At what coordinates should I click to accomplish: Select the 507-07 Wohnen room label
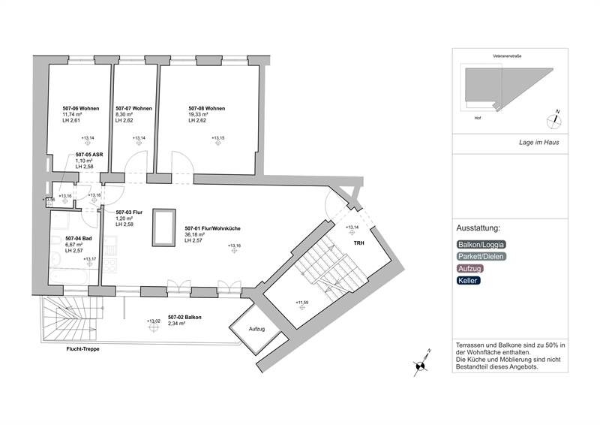133,108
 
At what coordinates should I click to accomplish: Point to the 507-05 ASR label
88,155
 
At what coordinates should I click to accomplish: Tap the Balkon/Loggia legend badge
481,244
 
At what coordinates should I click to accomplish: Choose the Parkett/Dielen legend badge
481,256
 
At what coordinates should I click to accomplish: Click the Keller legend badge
469,280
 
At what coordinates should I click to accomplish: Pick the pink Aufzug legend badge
470,268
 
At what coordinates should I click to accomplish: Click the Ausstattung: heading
478,228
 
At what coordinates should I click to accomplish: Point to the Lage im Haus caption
538,143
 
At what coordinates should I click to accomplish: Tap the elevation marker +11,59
302,303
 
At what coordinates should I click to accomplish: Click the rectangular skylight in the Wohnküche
162,227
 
